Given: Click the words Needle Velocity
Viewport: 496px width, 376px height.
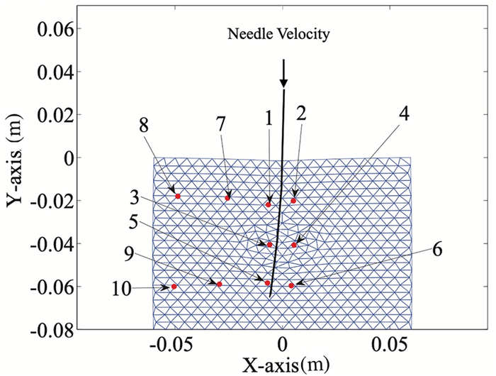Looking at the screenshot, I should click(x=278, y=33).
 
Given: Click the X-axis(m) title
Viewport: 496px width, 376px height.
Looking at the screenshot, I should click(x=283, y=364).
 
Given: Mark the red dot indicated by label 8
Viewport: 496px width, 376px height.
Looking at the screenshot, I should click(x=178, y=197).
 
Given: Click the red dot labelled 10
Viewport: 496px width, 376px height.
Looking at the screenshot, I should click(x=174, y=287).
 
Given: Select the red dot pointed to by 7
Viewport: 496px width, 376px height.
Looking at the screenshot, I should click(x=228, y=198).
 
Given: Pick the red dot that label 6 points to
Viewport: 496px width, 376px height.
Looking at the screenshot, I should click(x=291, y=285).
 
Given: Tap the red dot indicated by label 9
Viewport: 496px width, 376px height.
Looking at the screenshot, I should click(x=220, y=284).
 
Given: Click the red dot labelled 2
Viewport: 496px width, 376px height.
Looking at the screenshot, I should click(x=293, y=201).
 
